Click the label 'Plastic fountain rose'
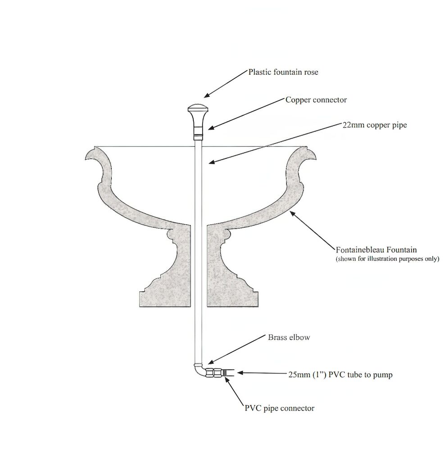click(x=283, y=72)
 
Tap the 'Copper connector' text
click(x=316, y=99)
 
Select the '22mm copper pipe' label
click(x=375, y=125)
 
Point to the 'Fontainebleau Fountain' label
click(x=376, y=249)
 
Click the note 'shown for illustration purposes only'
click(x=387, y=259)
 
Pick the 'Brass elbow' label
click(x=289, y=337)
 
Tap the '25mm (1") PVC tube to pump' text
click(x=341, y=375)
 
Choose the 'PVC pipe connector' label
click(x=279, y=408)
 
